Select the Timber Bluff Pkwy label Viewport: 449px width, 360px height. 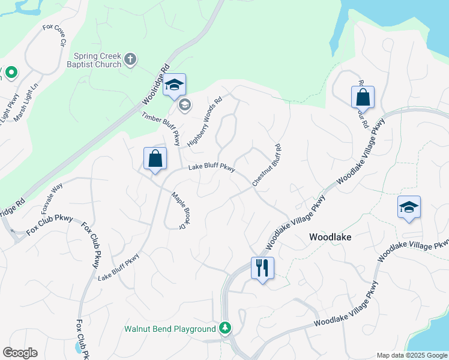point(161,128)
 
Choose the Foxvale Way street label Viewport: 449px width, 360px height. point(52,199)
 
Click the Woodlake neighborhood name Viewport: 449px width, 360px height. point(330,237)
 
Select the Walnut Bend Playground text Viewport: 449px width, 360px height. point(169,329)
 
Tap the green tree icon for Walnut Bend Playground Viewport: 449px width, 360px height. point(224,328)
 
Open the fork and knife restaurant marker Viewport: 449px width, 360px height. point(262,267)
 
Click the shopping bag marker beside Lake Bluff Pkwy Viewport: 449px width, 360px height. point(155,159)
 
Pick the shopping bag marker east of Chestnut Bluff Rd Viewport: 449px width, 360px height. point(363,97)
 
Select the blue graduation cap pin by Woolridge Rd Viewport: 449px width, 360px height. point(174,85)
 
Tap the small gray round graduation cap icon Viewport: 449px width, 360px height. point(185,105)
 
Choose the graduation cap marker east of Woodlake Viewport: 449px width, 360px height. point(409,207)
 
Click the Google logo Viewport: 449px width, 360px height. point(20,353)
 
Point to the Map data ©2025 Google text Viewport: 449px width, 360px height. point(412,355)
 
